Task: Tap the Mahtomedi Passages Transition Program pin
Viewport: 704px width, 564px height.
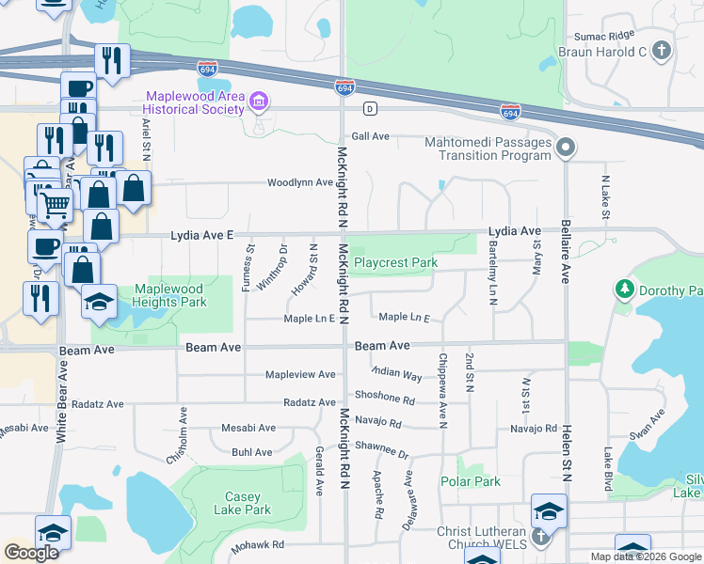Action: tap(565, 148)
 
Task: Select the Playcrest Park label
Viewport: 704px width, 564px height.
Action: tap(395, 263)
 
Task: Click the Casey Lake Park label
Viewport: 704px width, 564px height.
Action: tap(248, 503)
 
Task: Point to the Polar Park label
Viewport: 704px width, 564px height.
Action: tap(471, 481)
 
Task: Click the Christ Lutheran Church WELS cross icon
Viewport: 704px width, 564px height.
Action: tap(540, 537)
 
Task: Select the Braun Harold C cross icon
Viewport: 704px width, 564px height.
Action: tap(663, 52)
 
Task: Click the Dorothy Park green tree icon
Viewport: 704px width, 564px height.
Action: tap(622, 290)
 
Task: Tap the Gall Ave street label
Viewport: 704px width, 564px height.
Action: tap(371, 136)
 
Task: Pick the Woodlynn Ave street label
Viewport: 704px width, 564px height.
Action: tap(300, 182)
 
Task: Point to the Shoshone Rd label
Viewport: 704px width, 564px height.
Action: tap(384, 398)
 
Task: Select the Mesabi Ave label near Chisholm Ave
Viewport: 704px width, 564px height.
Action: tap(248, 428)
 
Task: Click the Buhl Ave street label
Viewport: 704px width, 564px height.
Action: tap(252, 452)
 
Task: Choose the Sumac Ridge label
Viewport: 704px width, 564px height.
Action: tap(604, 35)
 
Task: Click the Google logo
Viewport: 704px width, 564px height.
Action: tap(31, 553)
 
